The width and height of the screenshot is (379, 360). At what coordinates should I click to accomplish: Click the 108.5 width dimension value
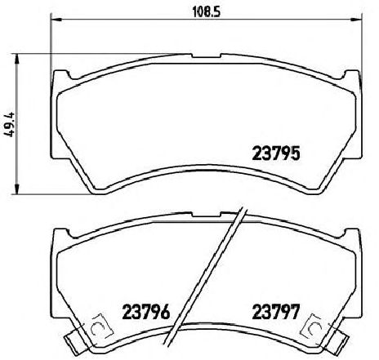(x=206, y=11)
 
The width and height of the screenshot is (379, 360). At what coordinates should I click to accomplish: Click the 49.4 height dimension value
(x=10, y=124)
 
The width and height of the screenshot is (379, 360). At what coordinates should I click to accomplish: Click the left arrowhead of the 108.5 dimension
(x=56, y=20)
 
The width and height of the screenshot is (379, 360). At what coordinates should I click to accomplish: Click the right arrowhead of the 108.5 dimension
(x=356, y=20)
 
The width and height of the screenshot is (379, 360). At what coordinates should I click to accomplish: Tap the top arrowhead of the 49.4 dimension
(x=17, y=59)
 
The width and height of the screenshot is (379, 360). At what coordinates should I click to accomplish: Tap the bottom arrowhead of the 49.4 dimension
(x=17, y=189)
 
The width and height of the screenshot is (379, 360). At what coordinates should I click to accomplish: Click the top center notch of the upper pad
(x=206, y=56)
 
